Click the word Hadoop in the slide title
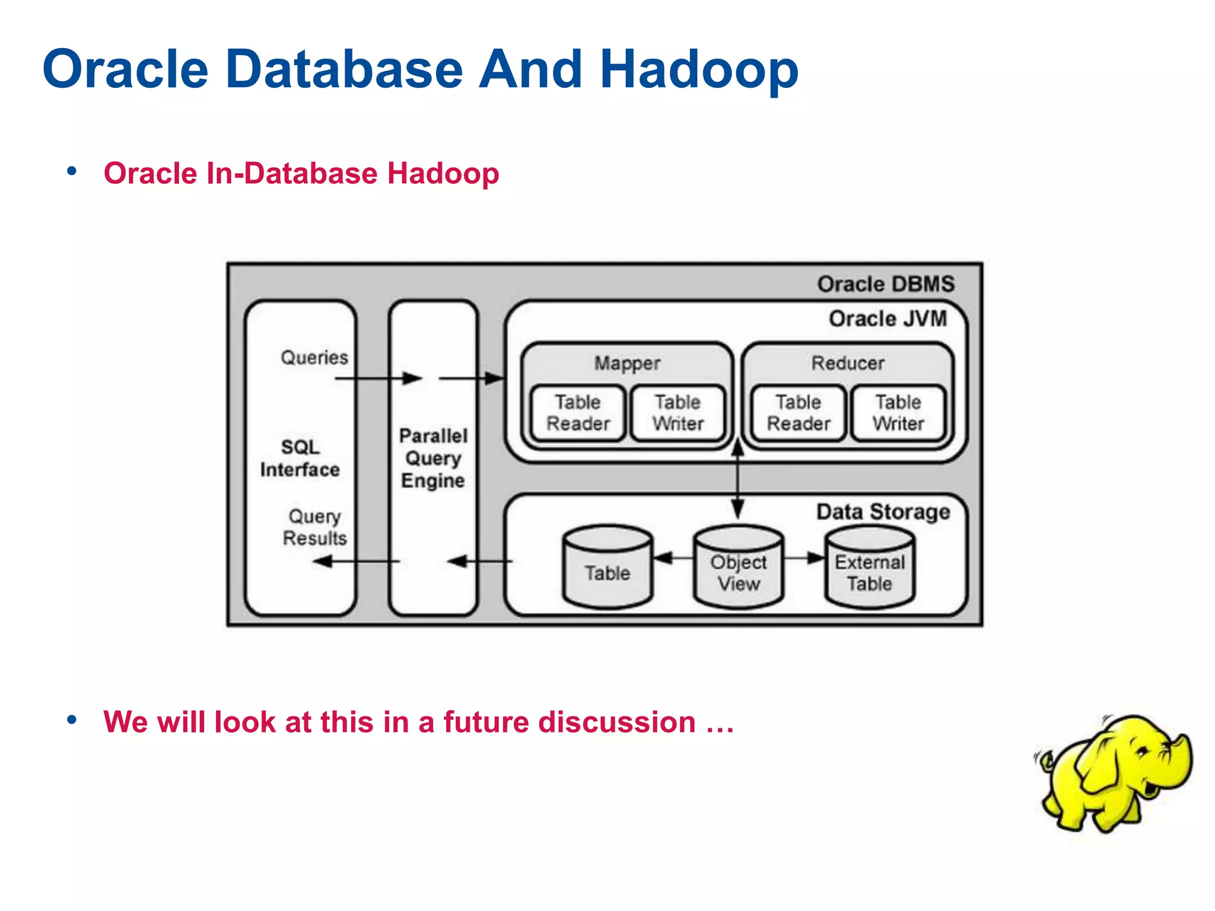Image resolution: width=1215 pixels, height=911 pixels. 699,70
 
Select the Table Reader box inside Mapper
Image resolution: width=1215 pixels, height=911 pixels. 578,413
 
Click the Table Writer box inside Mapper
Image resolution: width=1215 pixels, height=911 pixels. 678,413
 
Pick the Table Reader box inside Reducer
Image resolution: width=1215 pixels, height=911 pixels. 799,413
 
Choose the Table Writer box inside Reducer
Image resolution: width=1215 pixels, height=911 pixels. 898,413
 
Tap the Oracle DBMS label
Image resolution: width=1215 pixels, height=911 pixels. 886,284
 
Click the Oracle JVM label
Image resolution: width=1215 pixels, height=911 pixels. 888,319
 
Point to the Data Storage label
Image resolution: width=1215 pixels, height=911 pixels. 883,511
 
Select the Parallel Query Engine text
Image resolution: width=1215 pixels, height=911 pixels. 433,458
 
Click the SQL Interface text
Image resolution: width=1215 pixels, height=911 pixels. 300,458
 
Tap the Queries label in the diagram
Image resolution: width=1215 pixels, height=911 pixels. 314,358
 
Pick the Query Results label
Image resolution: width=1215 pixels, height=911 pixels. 314,527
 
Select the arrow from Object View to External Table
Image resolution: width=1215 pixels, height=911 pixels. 804,558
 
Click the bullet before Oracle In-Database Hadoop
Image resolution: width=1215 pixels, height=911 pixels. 72,172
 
